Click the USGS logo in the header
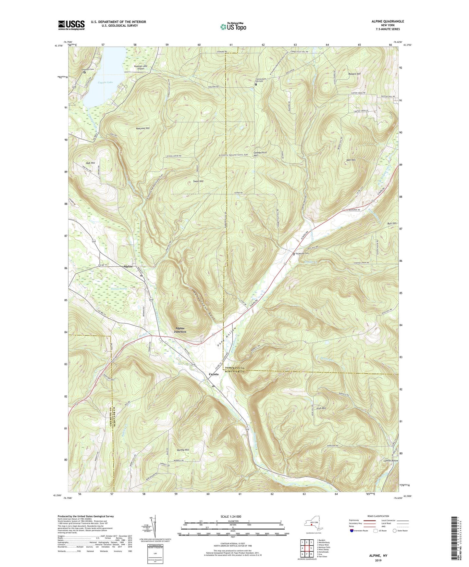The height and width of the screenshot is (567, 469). (71, 25)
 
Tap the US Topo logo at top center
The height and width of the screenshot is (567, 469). (233, 27)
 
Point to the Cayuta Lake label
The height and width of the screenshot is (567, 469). (105, 82)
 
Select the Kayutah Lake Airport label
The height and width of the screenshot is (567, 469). (141, 67)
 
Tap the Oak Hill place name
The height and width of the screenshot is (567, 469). (91, 163)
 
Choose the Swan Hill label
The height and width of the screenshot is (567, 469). (198, 181)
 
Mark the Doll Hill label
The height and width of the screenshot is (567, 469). (351, 160)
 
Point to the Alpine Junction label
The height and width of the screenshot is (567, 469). (180, 330)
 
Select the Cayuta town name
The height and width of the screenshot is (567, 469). (213, 374)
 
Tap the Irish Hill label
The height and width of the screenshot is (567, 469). (321, 408)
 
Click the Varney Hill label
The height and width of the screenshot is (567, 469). (183, 450)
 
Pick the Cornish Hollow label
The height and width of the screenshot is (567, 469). (390, 461)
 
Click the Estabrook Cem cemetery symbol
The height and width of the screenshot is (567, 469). (294, 254)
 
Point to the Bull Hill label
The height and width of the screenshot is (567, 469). (392, 223)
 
